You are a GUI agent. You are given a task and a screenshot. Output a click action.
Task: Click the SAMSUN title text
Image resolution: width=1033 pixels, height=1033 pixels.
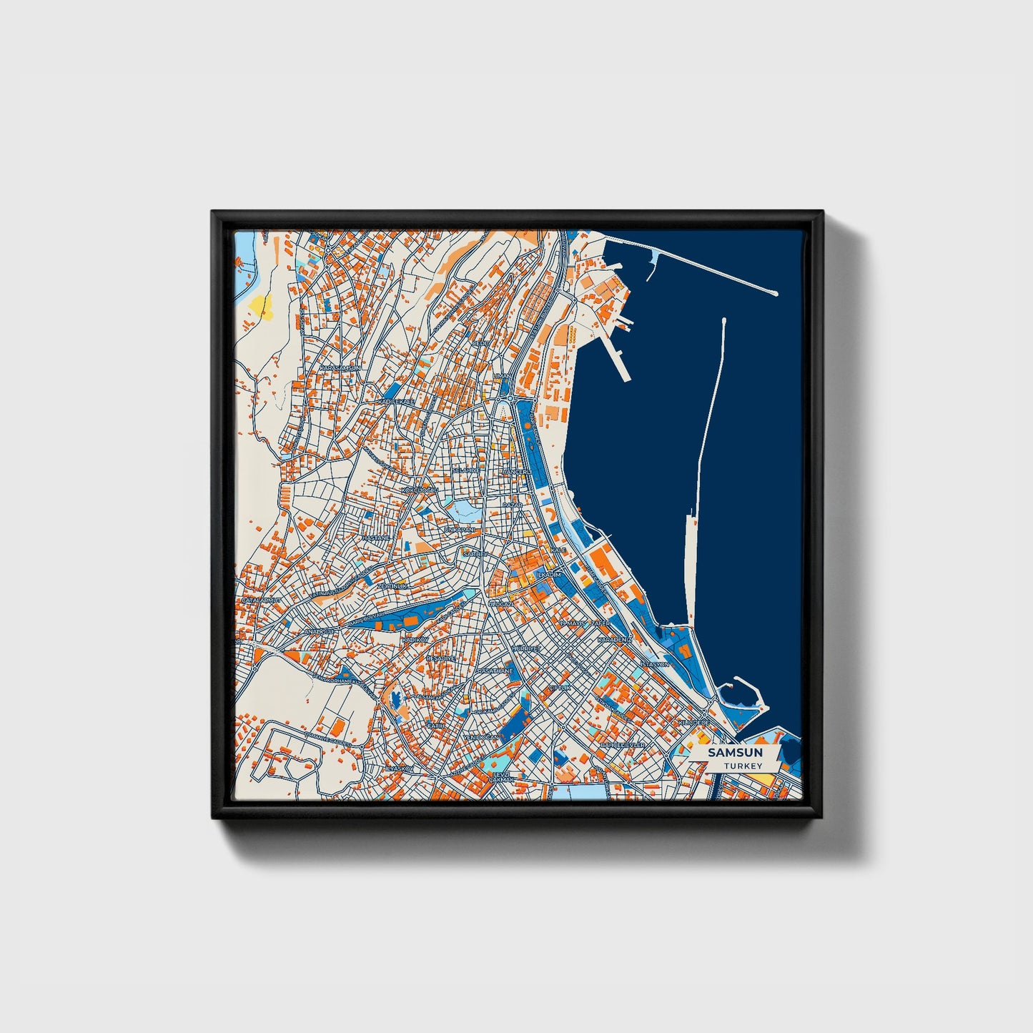coord(735,753)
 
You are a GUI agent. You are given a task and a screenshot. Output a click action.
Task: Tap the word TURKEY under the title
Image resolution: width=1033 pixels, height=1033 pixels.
coord(742,766)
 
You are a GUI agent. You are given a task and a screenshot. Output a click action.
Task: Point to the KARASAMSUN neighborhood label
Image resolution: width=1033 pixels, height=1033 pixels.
coord(340,367)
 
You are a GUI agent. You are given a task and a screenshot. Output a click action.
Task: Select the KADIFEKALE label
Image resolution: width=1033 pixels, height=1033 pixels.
coord(397,402)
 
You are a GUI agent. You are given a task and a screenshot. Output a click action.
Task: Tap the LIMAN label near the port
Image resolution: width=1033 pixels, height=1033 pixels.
coord(502,375)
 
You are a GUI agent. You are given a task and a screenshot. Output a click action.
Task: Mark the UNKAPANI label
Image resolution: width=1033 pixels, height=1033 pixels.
coord(459,530)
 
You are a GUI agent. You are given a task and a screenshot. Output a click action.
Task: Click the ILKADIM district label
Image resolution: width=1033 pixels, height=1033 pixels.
coord(549,575)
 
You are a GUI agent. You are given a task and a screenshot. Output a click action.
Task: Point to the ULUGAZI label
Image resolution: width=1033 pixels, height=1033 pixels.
coord(500,604)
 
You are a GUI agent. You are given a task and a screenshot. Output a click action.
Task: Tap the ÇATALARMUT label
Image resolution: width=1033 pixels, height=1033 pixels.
coord(261,600)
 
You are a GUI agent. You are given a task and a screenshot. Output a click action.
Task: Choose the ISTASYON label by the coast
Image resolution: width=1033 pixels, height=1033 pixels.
coord(654,664)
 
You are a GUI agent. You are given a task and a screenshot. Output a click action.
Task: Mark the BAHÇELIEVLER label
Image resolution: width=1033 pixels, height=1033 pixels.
coord(623,745)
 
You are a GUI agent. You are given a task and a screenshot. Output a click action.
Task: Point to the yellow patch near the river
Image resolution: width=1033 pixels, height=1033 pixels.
coord(259,305)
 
